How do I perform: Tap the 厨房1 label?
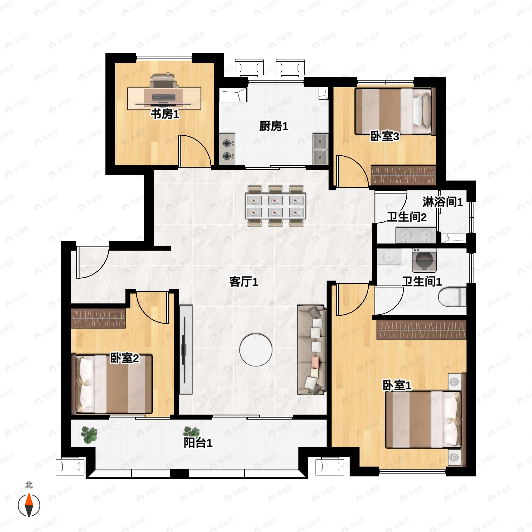click(x=274, y=126)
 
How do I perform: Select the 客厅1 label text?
click(x=244, y=282)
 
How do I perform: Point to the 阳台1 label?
click(x=198, y=443)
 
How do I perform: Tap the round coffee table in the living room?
click(x=256, y=350)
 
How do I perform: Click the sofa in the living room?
click(x=312, y=350)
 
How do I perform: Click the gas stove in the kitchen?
click(x=227, y=150)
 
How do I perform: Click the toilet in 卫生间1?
click(x=452, y=297)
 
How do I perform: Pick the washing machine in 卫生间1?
click(x=424, y=260)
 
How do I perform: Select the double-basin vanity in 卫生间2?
click(x=416, y=235)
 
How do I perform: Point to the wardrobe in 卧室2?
click(x=98, y=318)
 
